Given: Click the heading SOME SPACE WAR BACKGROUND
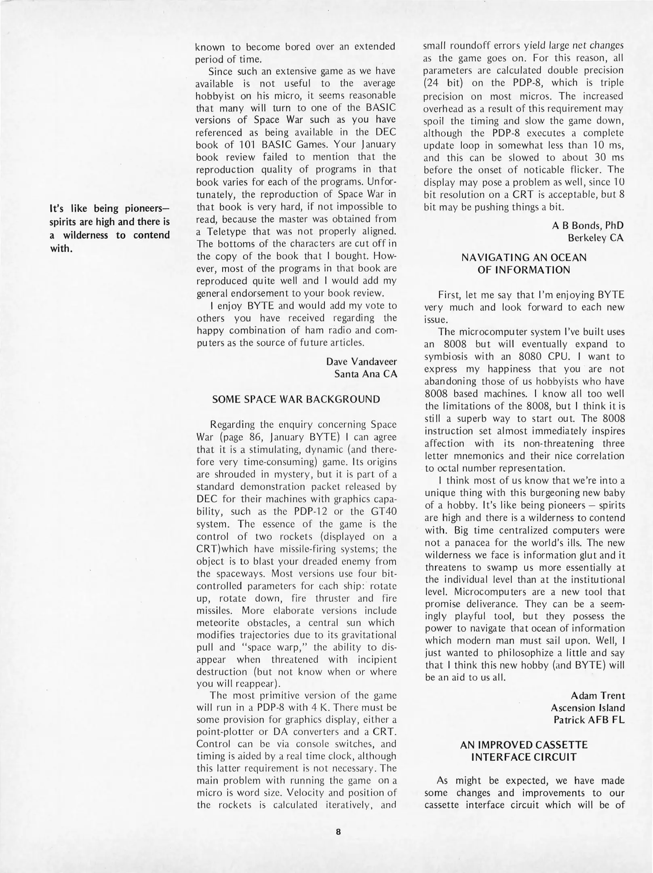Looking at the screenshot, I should pyautogui.click(x=296, y=399).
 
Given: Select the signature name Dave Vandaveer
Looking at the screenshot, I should pyautogui.click(x=361, y=361).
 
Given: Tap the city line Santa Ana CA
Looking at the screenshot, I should pyautogui.click(x=366, y=374).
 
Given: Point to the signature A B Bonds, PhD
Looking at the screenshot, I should pyautogui.click(x=588, y=225).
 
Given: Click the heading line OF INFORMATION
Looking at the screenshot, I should pyautogui.click(x=524, y=270).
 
